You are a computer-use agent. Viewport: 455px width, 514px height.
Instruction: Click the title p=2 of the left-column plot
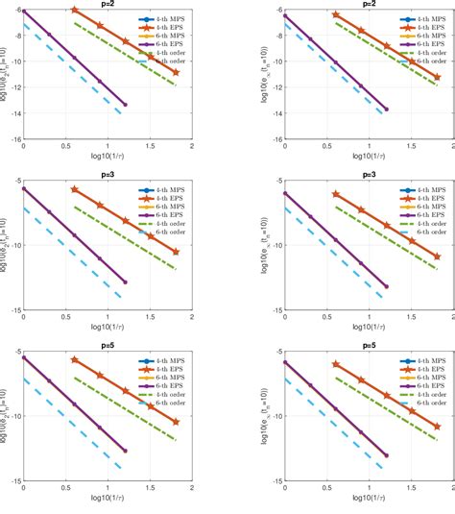coord(107,4)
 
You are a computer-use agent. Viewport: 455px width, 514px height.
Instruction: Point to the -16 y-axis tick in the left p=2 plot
coord(13,138)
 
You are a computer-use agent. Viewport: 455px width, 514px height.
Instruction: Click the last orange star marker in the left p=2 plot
coord(176,72)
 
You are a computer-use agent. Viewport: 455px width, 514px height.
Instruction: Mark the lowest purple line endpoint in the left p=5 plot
coord(125,450)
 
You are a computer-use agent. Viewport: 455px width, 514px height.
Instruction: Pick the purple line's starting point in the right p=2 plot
coord(284,15)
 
